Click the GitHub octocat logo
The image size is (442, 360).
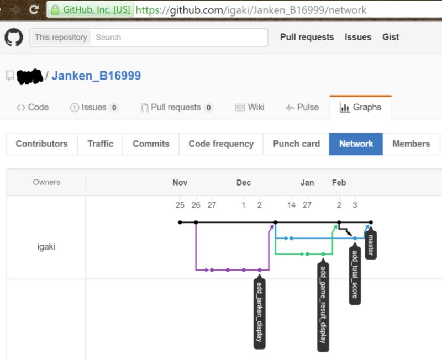(14, 38)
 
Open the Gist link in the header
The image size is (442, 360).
(391, 37)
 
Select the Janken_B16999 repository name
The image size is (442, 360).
(96, 76)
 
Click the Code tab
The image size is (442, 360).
(33, 107)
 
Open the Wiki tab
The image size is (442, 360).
(250, 107)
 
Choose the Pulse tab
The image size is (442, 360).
(302, 107)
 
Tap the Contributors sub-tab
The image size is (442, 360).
(41, 144)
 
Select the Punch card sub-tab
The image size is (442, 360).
(296, 144)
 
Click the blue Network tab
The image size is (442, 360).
(356, 144)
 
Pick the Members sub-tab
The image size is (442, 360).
(411, 144)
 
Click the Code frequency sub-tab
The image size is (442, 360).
(221, 144)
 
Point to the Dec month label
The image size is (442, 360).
(244, 183)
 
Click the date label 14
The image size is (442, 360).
(291, 205)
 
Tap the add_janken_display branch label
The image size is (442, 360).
(259, 313)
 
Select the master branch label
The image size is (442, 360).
(371, 245)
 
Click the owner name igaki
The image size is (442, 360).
(46, 247)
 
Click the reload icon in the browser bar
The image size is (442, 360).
(34, 9)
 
